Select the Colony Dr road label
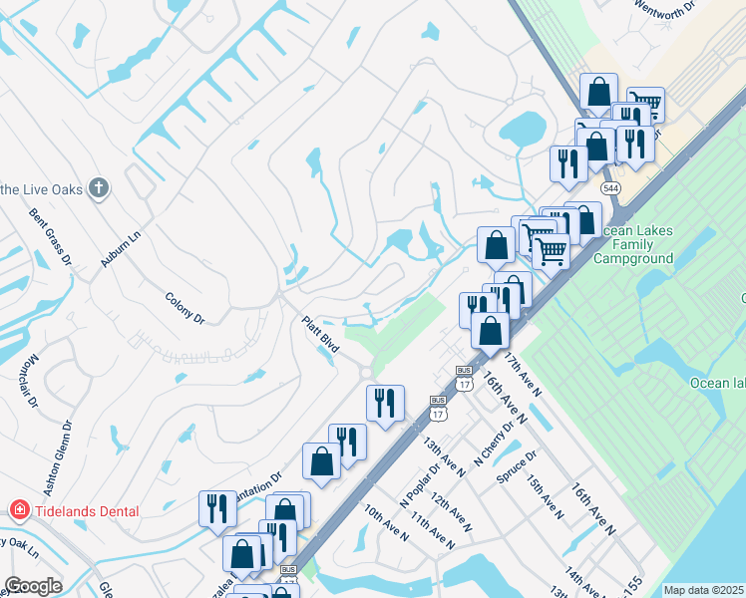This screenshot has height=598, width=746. pyautogui.click(x=185, y=307)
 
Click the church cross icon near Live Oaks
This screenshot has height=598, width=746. pyautogui.click(x=98, y=187)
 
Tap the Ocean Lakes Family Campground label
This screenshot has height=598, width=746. pyautogui.click(x=633, y=244)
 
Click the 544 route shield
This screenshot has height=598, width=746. pyautogui.click(x=610, y=187)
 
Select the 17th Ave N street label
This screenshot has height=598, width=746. pyautogui.click(x=522, y=374)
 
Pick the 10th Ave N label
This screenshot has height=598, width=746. pyautogui.click(x=386, y=522)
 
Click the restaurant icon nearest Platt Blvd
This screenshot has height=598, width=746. pyautogui.click(x=384, y=403)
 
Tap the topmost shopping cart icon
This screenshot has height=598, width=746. pyautogui.click(x=645, y=102)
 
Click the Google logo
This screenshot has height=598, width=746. pyautogui.click(x=33, y=586)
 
